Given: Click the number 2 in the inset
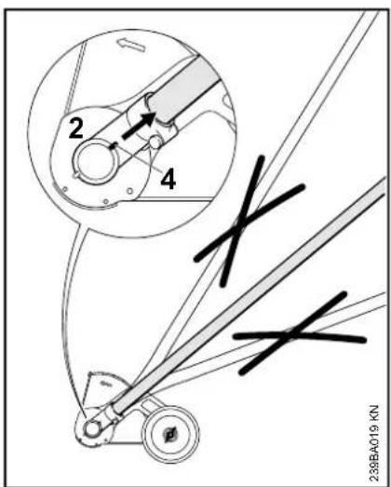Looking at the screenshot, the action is click(x=76, y=129).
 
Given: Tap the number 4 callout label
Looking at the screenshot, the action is click(x=168, y=180).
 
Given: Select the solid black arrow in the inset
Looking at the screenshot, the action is click(x=139, y=126).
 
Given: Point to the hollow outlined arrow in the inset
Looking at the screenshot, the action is click(x=131, y=45).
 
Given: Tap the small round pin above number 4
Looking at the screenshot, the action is click(x=155, y=142).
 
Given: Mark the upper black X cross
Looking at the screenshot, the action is click(x=249, y=221).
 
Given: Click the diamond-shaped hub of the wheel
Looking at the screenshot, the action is click(x=170, y=434).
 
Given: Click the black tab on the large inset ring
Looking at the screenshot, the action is click(x=113, y=145).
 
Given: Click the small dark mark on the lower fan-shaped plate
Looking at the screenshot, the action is click(x=106, y=384).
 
